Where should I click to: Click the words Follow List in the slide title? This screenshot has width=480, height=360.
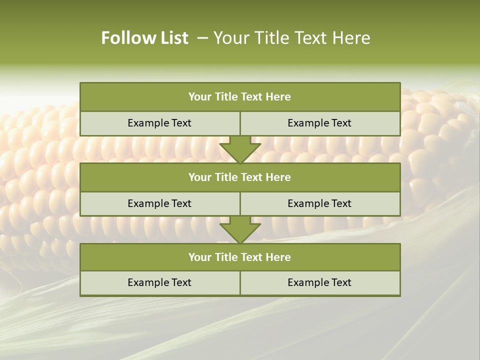point(144,38)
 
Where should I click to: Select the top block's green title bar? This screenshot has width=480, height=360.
point(240,97)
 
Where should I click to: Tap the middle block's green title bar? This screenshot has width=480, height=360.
point(240,177)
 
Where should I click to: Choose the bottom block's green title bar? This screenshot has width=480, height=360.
point(240,257)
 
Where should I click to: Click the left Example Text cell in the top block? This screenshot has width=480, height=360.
point(159,123)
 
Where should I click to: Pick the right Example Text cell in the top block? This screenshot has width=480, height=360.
point(319,123)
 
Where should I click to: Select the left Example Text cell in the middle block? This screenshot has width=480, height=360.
point(159,204)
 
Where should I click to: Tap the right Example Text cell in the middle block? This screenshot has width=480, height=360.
point(319,204)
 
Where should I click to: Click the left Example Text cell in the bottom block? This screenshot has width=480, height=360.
point(159,283)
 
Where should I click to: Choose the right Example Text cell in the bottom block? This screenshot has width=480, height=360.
point(319,283)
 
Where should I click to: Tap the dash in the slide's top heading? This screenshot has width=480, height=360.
point(203,38)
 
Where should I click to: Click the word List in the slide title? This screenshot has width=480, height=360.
point(172,38)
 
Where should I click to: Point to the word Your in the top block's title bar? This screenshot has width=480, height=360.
point(200,97)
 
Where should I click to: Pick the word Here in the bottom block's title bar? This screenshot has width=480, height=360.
point(278,257)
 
